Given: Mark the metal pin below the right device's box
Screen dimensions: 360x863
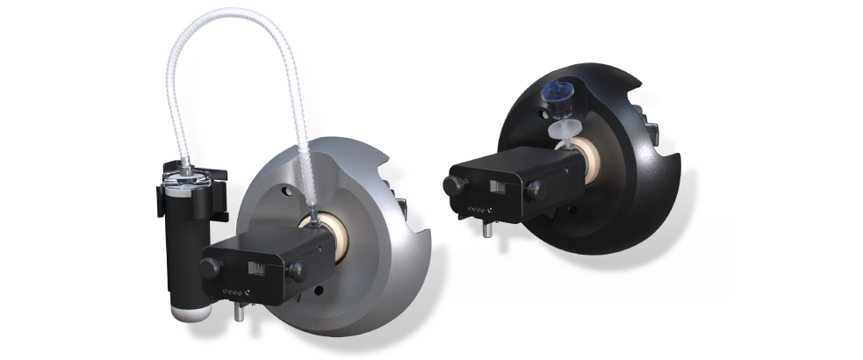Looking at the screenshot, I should click(485, 230).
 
